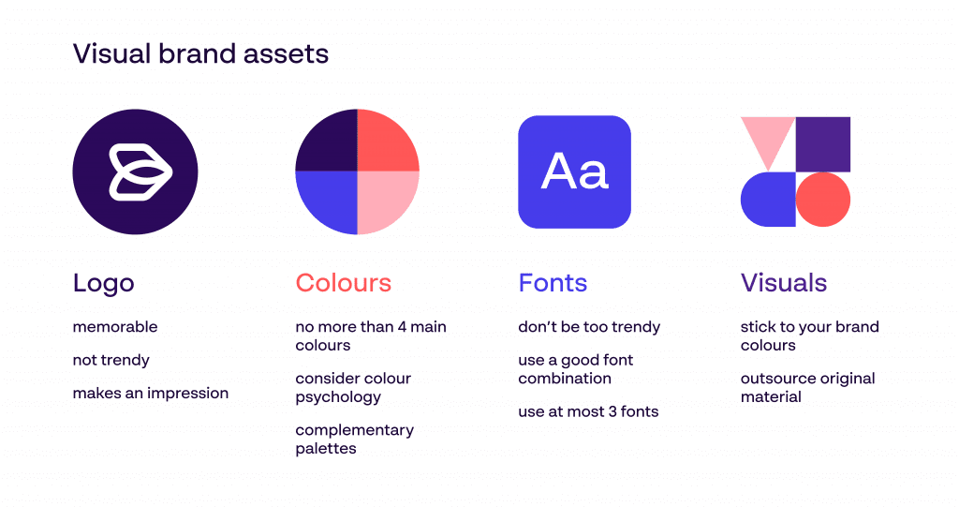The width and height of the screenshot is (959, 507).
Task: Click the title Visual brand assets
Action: point(200,53)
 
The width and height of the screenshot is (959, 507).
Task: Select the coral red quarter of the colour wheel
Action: point(388,141)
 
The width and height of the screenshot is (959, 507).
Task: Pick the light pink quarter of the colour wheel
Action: point(388,202)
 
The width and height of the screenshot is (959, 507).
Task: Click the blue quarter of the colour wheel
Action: point(327,202)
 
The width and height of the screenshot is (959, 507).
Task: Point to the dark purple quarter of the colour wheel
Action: point(327,141)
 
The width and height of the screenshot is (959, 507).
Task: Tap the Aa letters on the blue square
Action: point(575,171)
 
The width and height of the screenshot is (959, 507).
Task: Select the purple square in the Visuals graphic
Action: point(823,144)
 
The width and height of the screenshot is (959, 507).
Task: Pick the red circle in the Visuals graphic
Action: point(823,200)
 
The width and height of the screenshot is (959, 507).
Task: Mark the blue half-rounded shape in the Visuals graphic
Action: point(768,200)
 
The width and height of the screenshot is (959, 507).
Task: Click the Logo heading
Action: point(103,284)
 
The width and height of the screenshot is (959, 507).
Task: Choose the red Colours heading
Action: point(343,283)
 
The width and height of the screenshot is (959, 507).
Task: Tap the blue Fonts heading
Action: point(553,283)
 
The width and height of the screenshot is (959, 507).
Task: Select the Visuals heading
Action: point(784,283)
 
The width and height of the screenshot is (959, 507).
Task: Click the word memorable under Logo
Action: point(115,327)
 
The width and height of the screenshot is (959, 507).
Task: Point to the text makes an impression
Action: point(151,393)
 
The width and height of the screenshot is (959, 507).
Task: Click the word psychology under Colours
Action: point(338,397)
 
